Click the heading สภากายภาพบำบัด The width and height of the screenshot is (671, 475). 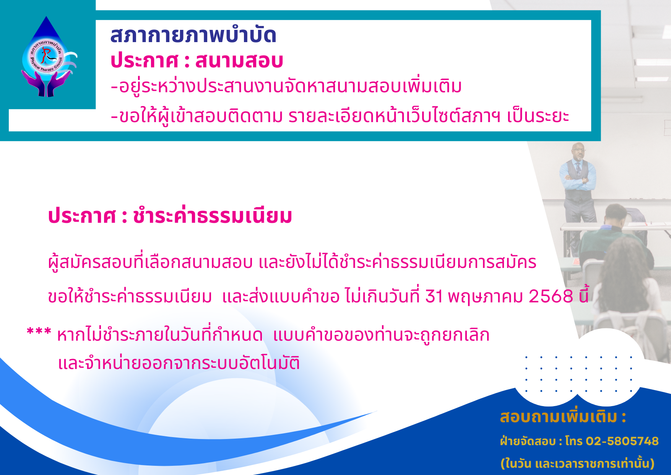tap(193, 35)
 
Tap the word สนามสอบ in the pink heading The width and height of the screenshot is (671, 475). tap(239, 61)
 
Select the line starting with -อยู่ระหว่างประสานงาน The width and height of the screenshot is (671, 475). tap(286, 86)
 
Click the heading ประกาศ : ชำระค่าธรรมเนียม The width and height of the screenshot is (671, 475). tap(170, 215)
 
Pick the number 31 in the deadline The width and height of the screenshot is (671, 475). tap(434, 296)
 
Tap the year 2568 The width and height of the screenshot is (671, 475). tap(551, 296)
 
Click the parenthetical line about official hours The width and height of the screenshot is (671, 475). tap(577, 463)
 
